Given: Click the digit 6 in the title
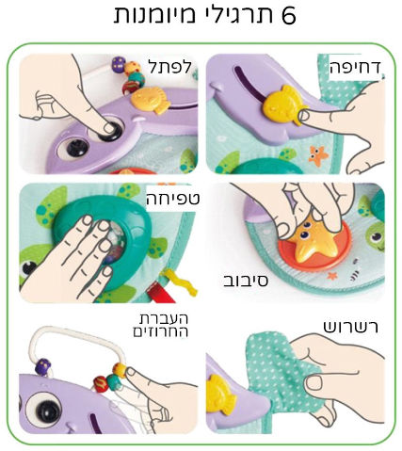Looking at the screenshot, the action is (288, 14).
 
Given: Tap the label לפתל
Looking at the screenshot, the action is (169, 66).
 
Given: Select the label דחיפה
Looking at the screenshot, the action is (355, 68).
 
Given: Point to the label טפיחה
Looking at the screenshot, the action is (173, 199).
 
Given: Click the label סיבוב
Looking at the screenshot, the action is (246, 281).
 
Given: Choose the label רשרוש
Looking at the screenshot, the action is (351, 327).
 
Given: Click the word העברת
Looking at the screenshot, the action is (163, 318).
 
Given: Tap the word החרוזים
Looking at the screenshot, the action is (161, 331).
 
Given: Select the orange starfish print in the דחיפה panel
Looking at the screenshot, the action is (318, 154).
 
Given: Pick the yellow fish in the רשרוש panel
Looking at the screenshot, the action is (220, 394).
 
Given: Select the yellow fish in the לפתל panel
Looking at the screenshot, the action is (151, 100).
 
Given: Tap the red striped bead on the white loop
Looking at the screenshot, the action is (101, 384).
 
